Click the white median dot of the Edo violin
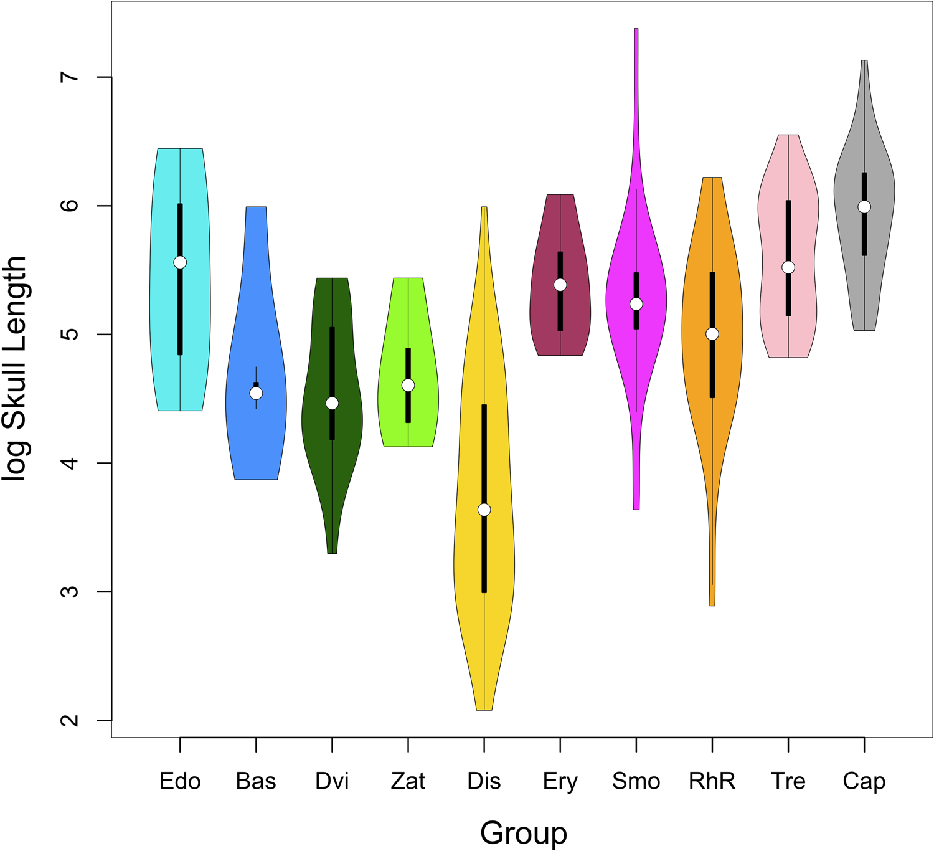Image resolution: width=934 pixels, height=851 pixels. (180, 262)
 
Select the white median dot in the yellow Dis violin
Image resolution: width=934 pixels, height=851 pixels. (484, 510)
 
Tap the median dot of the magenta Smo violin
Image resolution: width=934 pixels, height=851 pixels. (636, 304)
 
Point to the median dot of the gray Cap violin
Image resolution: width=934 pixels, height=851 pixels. (864, 207)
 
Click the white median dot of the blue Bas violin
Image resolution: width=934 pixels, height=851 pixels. (256, 393)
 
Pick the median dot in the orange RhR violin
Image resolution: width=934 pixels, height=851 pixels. (712, 334)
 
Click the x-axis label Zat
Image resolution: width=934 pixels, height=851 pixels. (408, 781)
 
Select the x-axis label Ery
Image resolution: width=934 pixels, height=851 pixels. (560, 781)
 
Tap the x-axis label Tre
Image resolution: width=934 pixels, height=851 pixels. (788, 781)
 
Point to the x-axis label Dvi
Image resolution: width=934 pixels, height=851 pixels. (332, 781)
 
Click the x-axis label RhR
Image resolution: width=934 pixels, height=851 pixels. (712, 781)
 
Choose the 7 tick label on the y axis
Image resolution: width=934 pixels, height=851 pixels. (71, 77)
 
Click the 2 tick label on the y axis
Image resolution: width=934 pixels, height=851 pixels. (71, 720)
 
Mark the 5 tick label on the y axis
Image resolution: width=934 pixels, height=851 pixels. (71, 335)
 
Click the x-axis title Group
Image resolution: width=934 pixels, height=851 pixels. (523, 832)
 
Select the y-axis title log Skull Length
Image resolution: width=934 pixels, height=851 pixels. (15, 369)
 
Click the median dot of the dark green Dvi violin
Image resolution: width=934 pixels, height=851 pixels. (332, 403)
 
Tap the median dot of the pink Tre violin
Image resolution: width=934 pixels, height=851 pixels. (788, 267)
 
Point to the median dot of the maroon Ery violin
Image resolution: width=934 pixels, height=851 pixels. (560, 285)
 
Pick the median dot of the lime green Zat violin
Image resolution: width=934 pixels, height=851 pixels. (408, 385)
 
